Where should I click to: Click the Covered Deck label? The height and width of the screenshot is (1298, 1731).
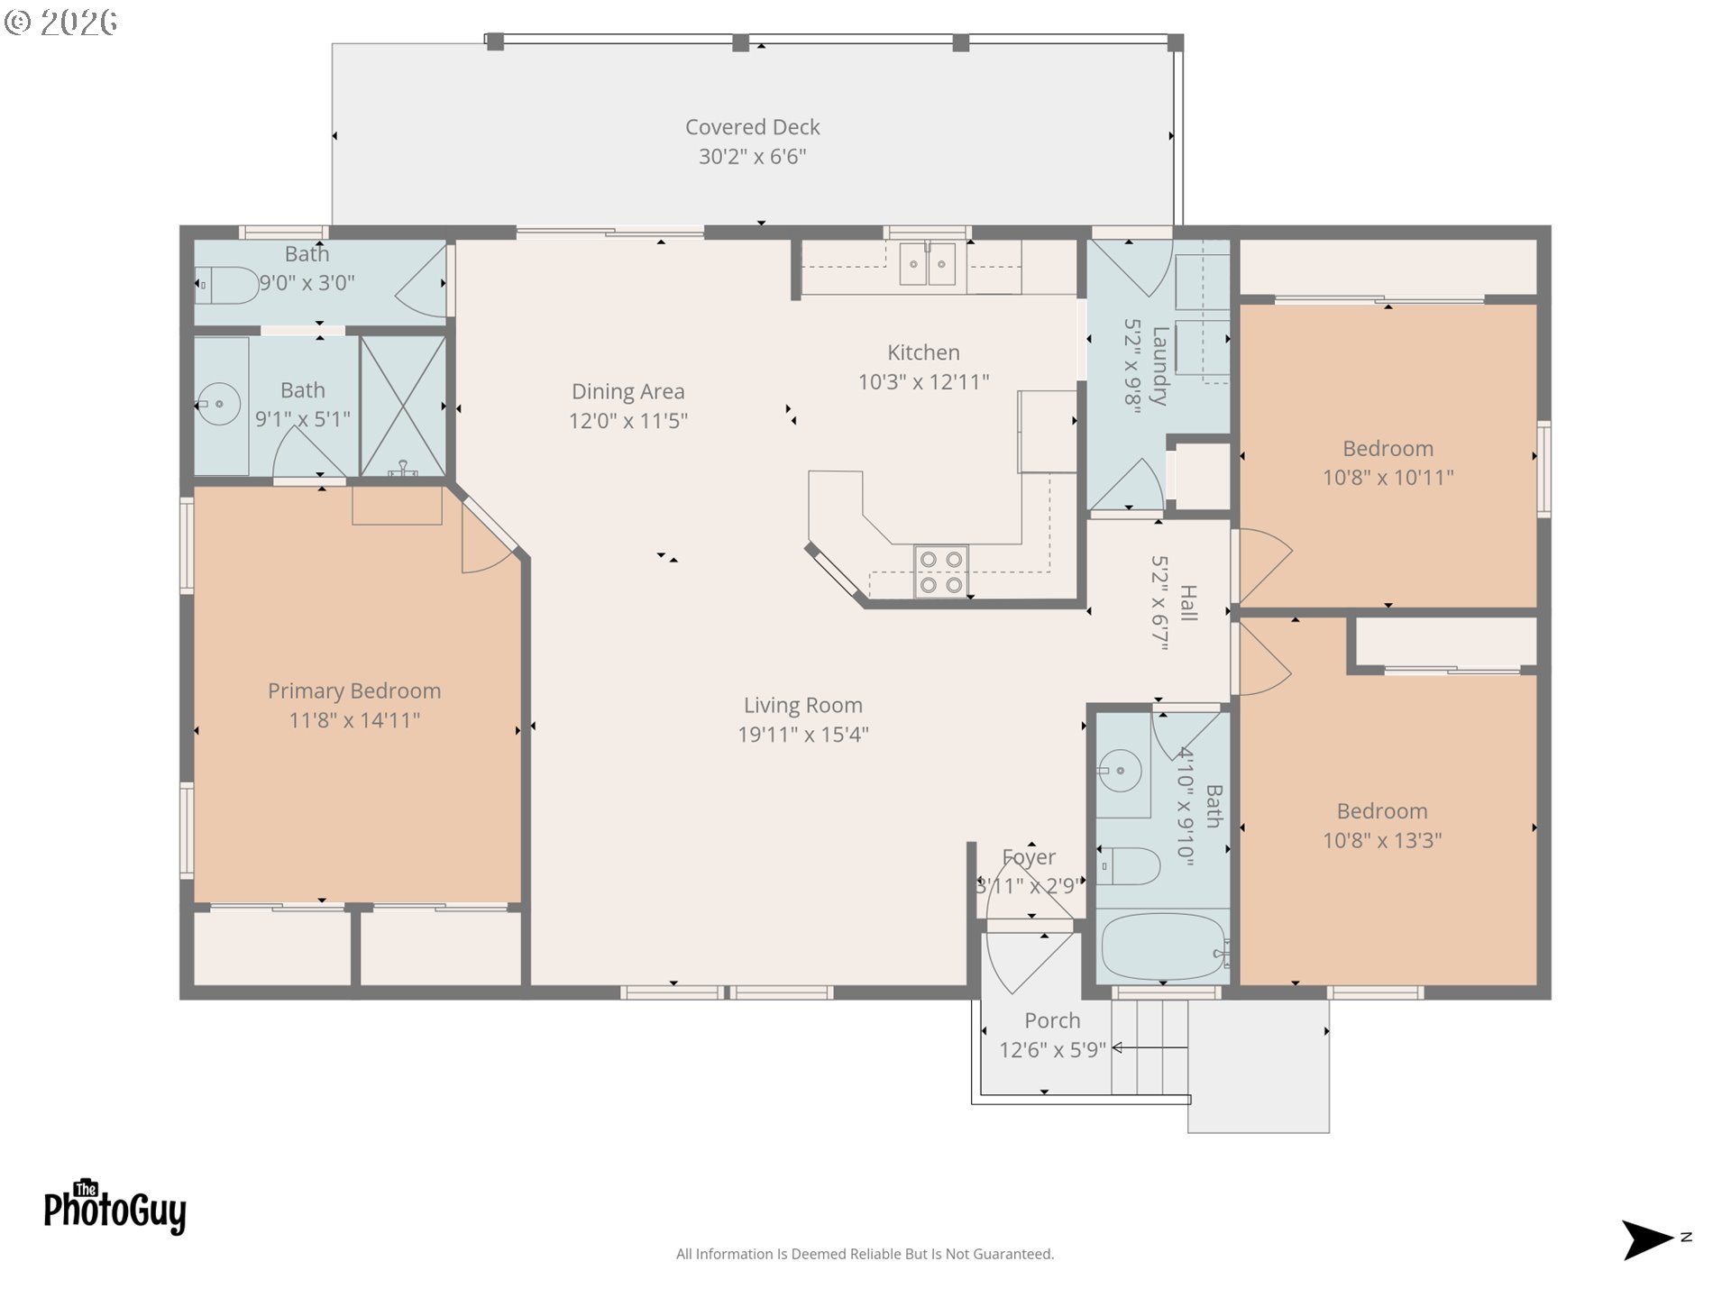coord(752,127)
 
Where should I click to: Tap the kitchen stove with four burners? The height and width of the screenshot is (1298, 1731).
coord(940,571)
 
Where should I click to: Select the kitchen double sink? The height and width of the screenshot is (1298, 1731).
coord(928,264)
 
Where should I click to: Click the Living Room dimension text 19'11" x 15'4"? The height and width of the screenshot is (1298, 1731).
coord(802,735)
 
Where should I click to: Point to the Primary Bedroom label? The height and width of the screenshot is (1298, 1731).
coord(354,691)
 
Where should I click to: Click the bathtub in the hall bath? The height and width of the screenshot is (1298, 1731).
coord(1163,946)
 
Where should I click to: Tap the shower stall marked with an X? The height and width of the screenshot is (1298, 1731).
coord(403,407)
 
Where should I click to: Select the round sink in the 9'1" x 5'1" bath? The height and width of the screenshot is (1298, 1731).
coord(218,405)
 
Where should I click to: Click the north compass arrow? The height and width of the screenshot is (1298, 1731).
coord(1648,1239)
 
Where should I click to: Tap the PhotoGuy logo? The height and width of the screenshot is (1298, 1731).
coord(114,1207)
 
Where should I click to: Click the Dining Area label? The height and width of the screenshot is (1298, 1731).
coord(628,391)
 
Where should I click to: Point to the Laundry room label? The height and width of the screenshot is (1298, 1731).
coord(1160,366)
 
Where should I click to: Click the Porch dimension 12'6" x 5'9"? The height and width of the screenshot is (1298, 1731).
coord(1052,1050)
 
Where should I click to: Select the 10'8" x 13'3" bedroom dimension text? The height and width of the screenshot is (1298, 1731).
coord(1382,841)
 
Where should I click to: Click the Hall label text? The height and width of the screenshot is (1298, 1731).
coord(1188,603)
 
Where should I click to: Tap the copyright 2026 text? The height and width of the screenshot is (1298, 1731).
coord(60,22)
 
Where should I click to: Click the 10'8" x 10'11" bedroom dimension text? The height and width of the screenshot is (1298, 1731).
coord(1388,478)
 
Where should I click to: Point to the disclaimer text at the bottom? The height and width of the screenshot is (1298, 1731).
coord(865,1254)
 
